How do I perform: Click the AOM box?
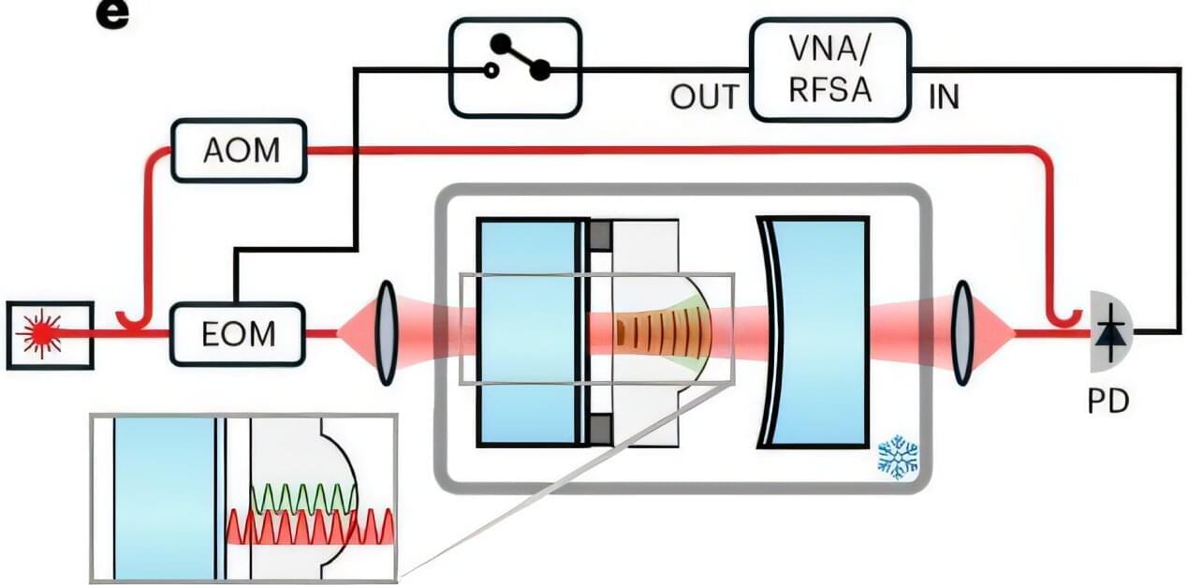pyautogui.click(x=240, y=150)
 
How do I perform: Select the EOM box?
pyautogui.click(x=238, y=333)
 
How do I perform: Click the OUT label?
pyautogui.click(x=704, y=97)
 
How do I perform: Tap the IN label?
pyautogui.click(x=944, y=97)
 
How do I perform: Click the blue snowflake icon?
pyautogui.click(x=898, y=458)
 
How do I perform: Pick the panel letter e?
pyautogui.click(x=112, y=16)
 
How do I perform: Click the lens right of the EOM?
pyautogui.click(x=385, y=332)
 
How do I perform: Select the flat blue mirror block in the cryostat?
pyautogui.click(x=525, y=332)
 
